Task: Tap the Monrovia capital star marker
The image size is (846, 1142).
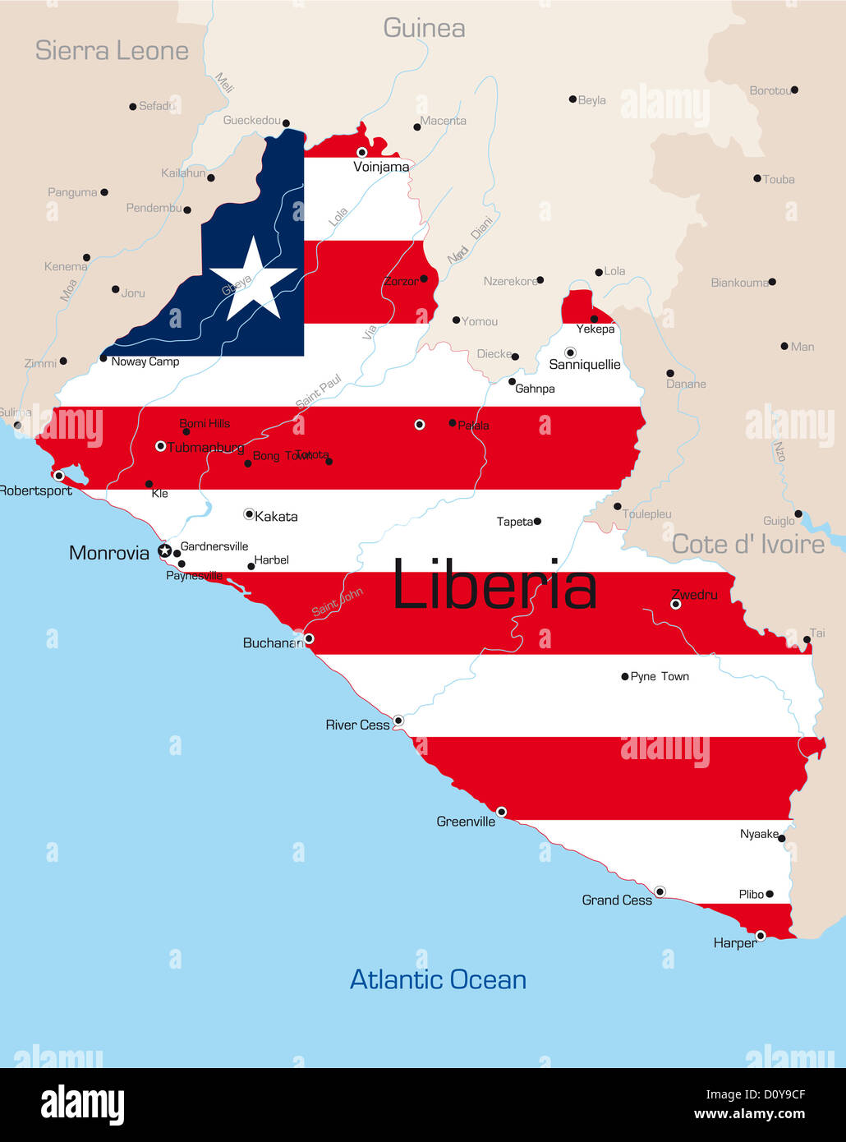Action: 165,550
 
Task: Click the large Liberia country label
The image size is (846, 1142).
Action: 494,585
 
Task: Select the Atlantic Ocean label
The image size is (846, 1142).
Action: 438,979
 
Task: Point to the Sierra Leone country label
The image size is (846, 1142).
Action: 112,51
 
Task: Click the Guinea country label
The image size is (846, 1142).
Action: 424,29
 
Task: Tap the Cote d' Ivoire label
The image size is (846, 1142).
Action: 747,544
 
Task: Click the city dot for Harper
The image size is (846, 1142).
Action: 761,935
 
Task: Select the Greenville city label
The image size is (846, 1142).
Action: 466,822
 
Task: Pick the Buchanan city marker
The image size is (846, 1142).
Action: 309,638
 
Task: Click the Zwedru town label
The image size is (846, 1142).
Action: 694,594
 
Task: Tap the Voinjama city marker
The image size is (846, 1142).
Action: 361,152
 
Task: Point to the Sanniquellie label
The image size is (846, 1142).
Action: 584,365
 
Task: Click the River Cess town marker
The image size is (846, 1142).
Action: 398,721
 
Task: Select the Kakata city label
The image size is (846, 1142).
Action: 276,517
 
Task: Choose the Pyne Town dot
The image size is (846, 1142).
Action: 625,677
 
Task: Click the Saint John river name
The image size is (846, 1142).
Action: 337,602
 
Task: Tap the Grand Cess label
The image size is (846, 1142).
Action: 617,900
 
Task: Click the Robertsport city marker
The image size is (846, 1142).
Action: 58,476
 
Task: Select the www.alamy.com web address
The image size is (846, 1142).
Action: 749,1115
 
